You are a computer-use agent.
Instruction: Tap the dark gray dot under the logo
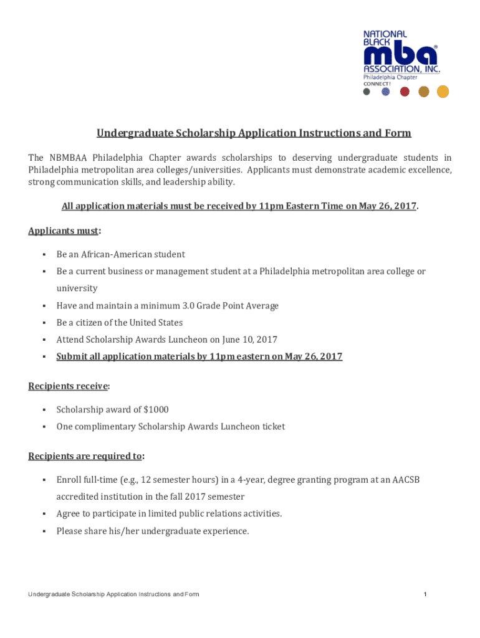coord(367,92)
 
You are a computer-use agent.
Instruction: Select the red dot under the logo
coord(405,92)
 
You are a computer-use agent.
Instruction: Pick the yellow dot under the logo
coord(443,92)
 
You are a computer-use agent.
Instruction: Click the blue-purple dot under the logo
coord(385,92)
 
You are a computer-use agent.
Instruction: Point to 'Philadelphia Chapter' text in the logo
coord(390,77)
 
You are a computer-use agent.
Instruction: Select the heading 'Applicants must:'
coord(64,231)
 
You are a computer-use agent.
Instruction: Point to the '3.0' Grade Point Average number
coord(190,305)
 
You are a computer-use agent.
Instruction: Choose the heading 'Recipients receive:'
coord(69,386)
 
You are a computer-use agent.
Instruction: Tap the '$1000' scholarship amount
coord(156,409)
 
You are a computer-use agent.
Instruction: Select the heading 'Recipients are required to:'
coord(86,456)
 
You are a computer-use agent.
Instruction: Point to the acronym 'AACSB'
coord(411,480)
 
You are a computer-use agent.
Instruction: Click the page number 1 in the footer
coord(425,594)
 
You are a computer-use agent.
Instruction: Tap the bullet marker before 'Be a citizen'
coord(44,323)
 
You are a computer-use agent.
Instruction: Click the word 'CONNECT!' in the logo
coord(378,83)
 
